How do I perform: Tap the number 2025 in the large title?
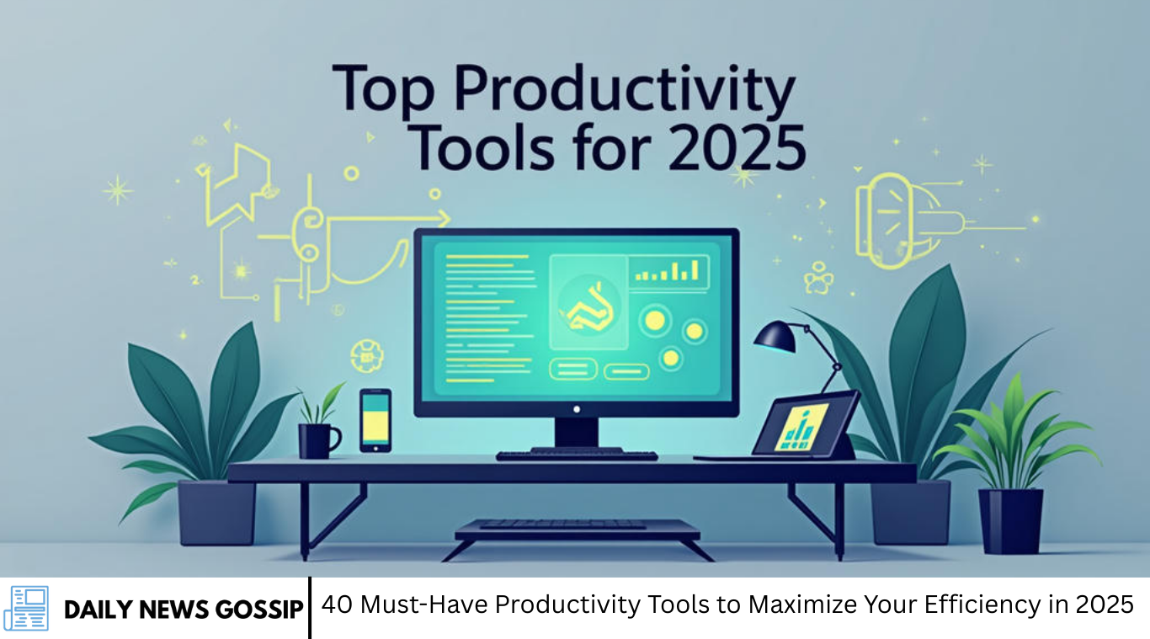pos(737,148)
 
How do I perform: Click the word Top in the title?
pos(384,88)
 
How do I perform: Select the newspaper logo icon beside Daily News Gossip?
pos(26,608)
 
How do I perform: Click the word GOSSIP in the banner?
pos(259,610)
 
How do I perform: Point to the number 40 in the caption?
pos(337,604)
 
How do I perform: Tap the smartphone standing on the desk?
pos(375,421)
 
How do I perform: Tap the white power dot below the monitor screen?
pos(577,409)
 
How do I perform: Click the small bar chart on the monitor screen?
pos(668,271)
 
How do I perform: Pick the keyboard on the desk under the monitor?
pos(577,455)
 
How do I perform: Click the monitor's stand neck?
pos(577,433)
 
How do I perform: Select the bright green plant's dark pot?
pos(1010,521)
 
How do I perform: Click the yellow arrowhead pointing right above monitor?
pos(443,218)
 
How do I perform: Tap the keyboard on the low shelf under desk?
pos(564,524)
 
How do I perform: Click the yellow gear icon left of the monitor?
pos(366,355)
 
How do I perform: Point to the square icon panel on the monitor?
pos(588,302)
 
